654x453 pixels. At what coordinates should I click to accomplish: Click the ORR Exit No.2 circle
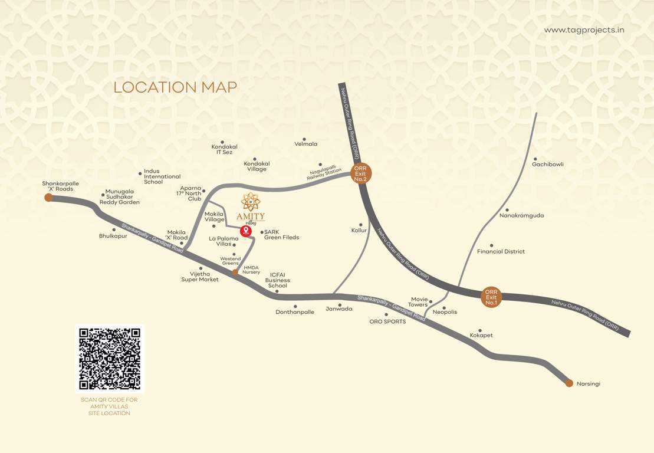360,173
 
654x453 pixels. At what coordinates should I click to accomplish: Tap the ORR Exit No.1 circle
491,297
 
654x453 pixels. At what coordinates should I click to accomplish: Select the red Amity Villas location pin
246,231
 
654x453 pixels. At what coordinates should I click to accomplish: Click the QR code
110,359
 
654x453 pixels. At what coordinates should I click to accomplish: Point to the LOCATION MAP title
175,87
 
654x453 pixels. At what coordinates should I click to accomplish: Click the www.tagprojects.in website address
584,30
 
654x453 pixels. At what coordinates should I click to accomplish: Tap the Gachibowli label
548,165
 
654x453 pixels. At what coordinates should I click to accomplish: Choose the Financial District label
501,252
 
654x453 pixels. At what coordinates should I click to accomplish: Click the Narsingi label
589,384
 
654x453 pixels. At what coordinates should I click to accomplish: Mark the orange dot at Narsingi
569,383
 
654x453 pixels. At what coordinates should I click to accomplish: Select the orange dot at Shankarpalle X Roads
48,198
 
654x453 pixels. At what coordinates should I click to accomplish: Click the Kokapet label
481,336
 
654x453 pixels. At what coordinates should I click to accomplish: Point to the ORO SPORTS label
387,321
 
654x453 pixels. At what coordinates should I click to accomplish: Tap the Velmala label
306,144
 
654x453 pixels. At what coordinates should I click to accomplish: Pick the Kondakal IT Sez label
224,149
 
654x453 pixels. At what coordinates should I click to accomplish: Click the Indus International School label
162,176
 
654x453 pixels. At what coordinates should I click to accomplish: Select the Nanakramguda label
521,216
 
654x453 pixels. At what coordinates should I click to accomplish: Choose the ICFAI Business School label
277,280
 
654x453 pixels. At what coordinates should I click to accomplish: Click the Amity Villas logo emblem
251,202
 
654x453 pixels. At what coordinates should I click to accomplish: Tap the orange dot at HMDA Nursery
235,272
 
